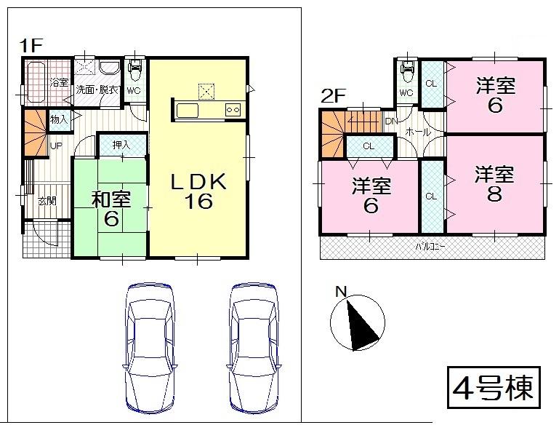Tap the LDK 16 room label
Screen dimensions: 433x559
(198, 191)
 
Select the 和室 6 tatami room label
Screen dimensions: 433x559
(110, 207)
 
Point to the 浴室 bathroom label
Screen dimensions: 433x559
(58, 83)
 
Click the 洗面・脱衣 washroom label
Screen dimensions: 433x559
(97, 90)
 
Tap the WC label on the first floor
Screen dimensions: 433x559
(134, 91)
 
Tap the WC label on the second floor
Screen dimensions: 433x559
(406, 93)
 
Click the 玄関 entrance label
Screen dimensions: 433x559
(47, 201)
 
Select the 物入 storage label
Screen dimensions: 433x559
(59, 119)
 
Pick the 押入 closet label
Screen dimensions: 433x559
(121, 145)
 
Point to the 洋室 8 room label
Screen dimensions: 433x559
(495, 184)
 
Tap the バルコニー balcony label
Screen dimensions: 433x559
(431, 246)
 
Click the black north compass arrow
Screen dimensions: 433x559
(361, 322)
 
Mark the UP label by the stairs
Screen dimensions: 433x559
(55, 146)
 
